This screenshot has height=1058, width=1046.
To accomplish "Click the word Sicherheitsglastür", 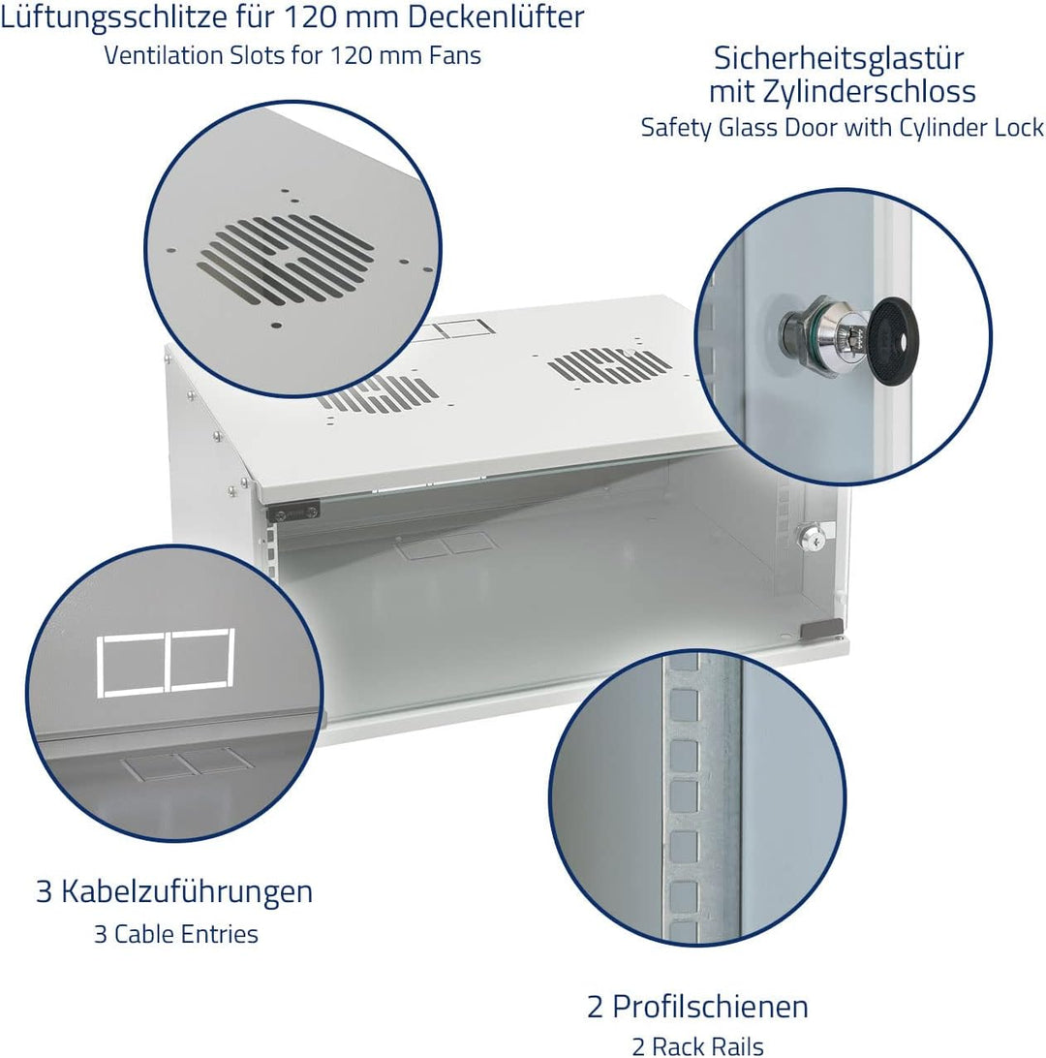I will (x=839, y=58).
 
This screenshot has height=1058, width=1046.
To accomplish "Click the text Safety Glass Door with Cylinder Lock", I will (x=842, y=127).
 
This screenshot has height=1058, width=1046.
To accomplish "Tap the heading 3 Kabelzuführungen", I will (x=174, y=891).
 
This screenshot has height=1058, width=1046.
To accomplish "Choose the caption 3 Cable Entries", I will (x=175, y=934).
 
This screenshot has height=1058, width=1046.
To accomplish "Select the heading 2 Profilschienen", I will (x=697, y=1006).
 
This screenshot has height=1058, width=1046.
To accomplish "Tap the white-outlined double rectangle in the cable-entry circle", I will (x=167, y=663).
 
